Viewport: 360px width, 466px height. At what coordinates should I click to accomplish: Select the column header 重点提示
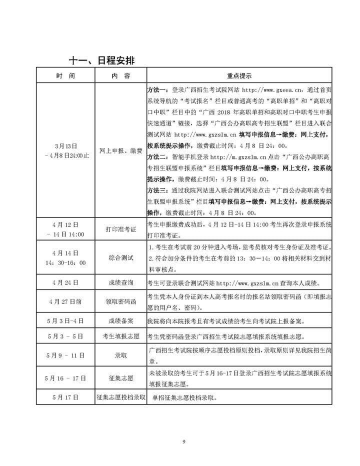[239, 76]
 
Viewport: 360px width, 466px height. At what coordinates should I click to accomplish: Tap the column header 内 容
[120, 76]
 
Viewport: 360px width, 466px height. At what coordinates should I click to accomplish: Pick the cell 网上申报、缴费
[120, 150]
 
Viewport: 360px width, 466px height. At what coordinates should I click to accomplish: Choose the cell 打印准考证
[120, 229]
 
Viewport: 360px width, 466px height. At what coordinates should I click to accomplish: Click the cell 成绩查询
[120, 282]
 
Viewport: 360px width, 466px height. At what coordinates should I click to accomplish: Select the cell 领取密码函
[120, 301]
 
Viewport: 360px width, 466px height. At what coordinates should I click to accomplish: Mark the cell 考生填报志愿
[120, 336]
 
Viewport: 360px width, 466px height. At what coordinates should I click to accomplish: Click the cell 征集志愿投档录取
[120, 397]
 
